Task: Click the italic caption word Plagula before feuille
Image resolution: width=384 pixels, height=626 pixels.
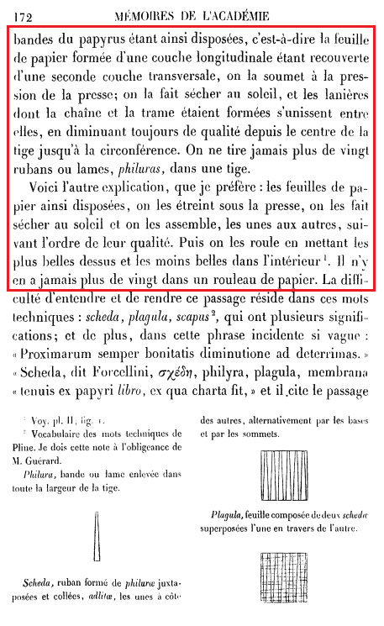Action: point(229,517)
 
